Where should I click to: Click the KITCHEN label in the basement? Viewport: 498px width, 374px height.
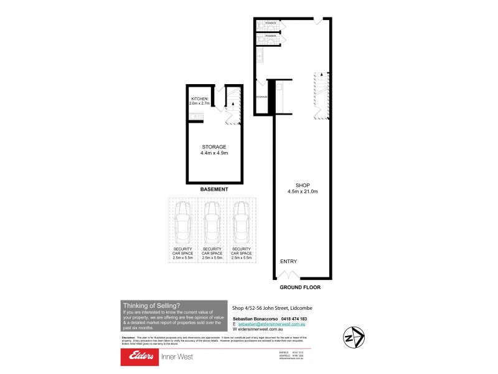[199, 99]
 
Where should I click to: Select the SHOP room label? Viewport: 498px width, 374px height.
[303, 185]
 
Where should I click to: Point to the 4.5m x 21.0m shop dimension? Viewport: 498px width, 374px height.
[303, 191]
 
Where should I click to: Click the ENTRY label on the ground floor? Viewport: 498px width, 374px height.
[289, 262]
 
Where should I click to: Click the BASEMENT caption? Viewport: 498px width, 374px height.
[214, 189]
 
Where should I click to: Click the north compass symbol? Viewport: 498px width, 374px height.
[355, 336]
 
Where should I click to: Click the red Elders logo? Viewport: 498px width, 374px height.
[139, 357]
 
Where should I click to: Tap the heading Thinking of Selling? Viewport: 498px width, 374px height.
[151, 305]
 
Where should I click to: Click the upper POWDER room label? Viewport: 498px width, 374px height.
[270, 23]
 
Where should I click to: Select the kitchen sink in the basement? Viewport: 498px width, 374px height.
[194, 117]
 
